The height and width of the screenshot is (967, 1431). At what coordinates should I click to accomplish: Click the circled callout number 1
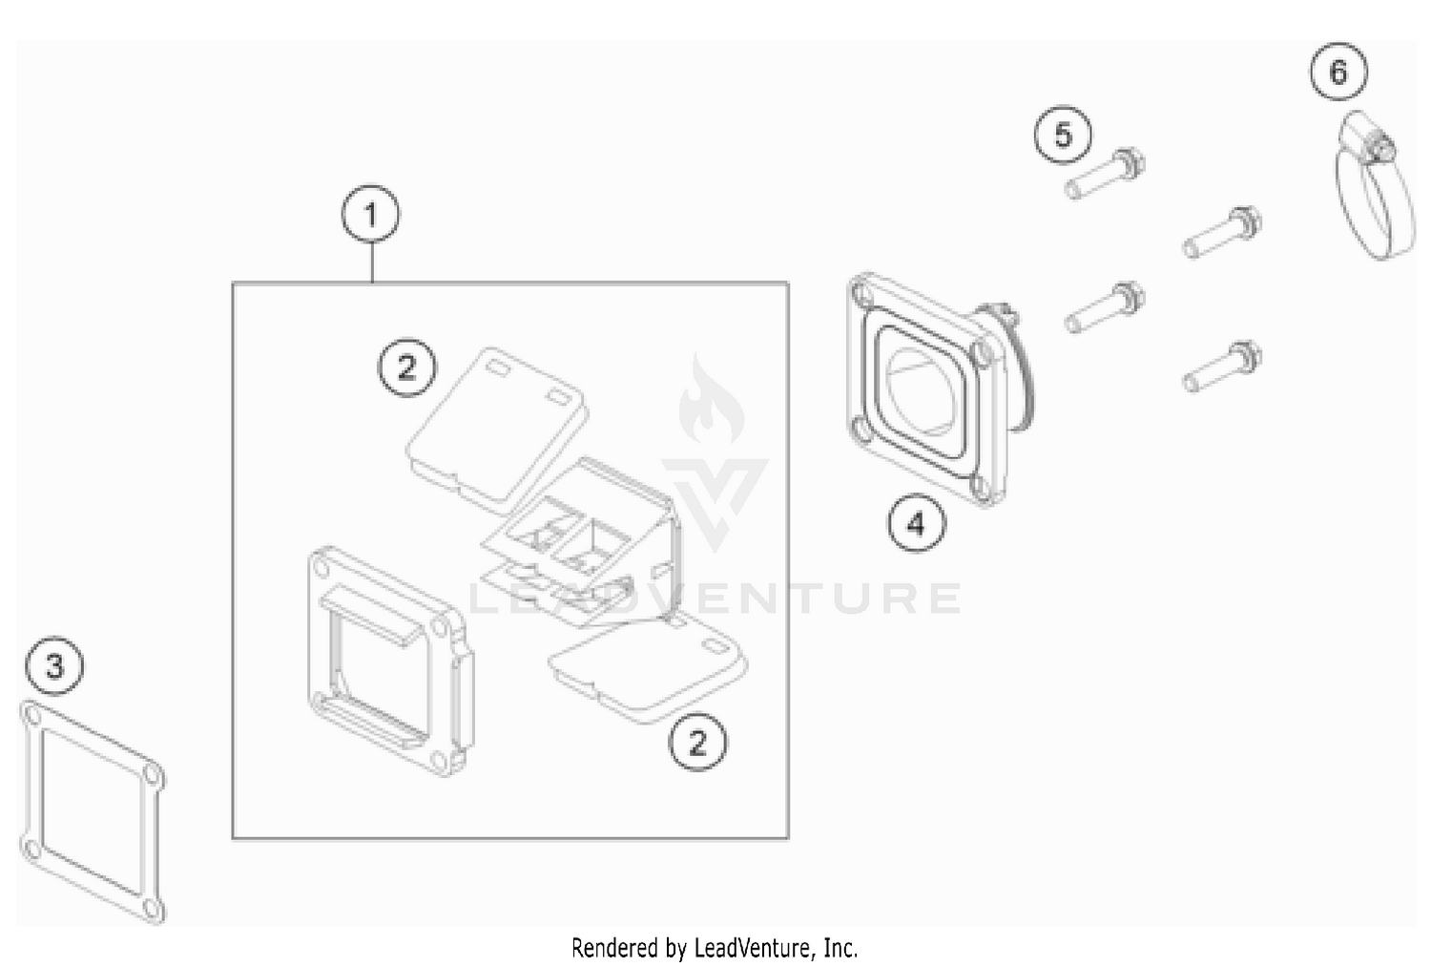(370, 215)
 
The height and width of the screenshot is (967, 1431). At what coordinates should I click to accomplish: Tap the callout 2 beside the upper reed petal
(407, 366)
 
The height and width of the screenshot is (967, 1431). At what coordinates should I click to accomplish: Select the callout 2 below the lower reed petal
(697, 742)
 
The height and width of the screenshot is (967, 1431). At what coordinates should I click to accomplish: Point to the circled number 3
(54, 665)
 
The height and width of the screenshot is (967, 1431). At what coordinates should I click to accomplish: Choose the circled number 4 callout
(916, 523)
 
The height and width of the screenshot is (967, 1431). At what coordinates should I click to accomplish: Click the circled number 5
(1063, 135)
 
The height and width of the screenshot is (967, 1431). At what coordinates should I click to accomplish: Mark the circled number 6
(1338, 72)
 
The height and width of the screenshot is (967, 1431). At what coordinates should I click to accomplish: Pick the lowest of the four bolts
(1224, 366)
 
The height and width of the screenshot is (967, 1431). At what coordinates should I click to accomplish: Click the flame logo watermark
(711, 401)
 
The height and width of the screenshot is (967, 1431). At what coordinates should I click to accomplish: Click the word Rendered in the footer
(605, 948)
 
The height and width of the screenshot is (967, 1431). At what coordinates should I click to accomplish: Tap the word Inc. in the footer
(840, 948)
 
